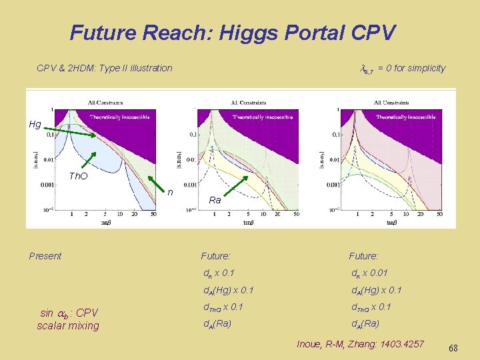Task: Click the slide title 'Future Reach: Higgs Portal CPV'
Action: [233, 32]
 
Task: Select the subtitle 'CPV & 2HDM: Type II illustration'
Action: [104, 68]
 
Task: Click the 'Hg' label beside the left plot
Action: [35, 124]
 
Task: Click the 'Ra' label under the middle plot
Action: [215, 200]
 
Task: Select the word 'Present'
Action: [45, 256]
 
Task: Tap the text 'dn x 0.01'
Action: [372, 273]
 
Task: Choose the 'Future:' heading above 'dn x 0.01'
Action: [363, 256]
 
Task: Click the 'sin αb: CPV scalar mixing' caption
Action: [68, 319]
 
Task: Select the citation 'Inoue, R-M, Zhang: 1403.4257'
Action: [359, 344]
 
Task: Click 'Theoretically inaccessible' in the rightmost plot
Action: [405, 117]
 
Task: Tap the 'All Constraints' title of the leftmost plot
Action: [105, 102]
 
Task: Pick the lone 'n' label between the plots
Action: [170, 192]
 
